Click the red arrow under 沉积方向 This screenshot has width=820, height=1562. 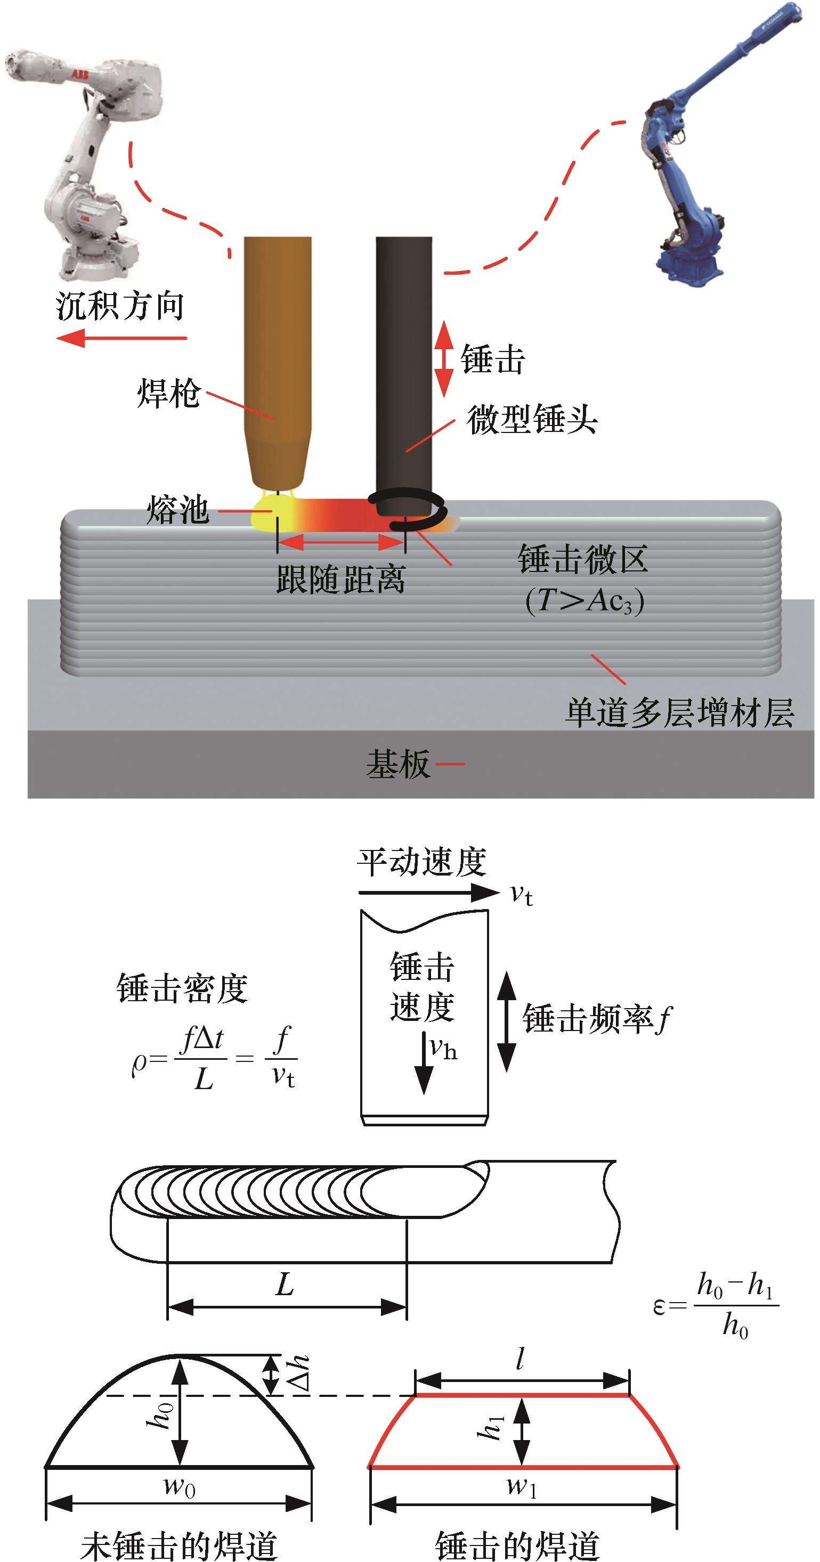point(121,338)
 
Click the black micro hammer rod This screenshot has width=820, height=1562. point(403,364)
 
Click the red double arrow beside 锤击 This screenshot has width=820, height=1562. point(444,359)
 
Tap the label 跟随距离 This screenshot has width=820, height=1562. point(340,579)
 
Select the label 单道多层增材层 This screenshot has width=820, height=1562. point(680,713)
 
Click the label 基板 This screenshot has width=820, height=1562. point(398,764)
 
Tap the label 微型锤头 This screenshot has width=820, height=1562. point(532,420)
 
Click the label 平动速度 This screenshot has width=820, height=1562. point(421,862)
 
